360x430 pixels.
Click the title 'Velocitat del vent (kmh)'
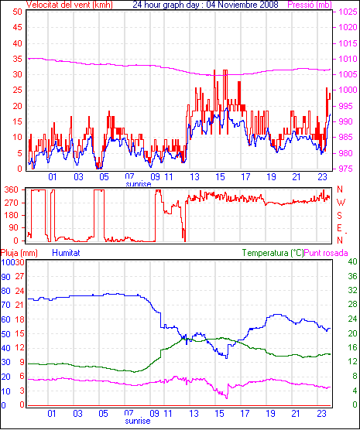point(69,5)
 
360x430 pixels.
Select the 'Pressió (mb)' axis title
point(310,5)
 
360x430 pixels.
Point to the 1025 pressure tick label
point(348,12)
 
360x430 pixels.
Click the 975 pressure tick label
point(346,169)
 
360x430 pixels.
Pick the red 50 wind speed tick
point(17,12)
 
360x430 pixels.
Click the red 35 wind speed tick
point(17,59)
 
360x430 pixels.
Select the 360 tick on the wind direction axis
point(12,189)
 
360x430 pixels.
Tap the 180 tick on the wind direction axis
point(12,215)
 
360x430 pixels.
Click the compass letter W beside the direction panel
point(341,203)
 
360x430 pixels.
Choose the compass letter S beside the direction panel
point(339,216)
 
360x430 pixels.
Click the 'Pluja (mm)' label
point(19,253)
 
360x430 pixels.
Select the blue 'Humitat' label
point(66,253)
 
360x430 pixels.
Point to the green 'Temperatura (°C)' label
point(273,253)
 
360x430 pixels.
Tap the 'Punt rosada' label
point(326,253)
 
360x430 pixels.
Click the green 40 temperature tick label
point(352,261)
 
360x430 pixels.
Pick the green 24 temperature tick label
point(352,319)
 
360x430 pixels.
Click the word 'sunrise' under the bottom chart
point(138,421)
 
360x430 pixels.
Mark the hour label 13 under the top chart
point(194,177)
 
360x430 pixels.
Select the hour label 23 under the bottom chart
point(321,414)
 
